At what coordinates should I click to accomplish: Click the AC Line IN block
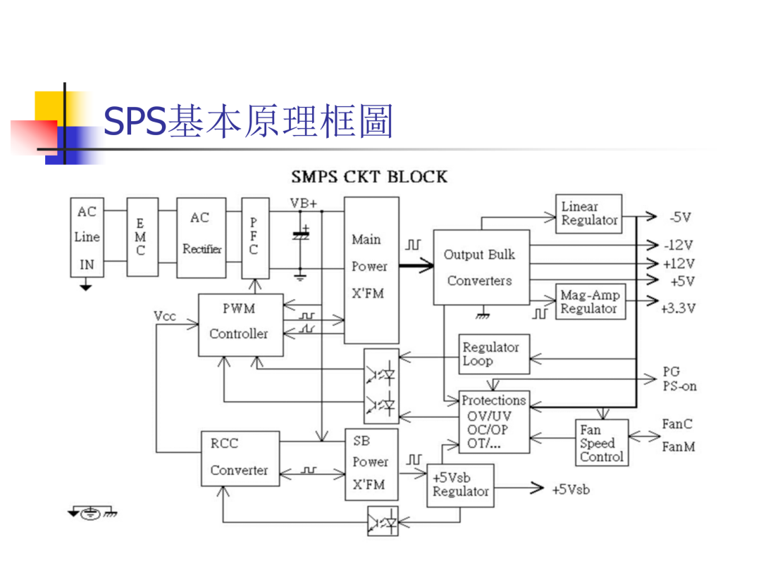coord(87,237)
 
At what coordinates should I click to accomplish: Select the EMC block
coord(142,237)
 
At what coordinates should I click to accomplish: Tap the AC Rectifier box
coord(202,238)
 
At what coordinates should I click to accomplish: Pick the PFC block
coord(255,238)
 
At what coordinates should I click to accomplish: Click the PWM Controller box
coord(241,324)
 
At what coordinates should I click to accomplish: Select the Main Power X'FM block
coord(371,270)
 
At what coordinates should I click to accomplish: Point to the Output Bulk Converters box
coord(481,267)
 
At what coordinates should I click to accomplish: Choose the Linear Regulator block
coord(588,214)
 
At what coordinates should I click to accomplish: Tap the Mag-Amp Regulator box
coord(590,301)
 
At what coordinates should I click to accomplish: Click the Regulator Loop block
coord(494,354)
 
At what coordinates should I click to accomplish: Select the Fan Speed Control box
coord(602,443)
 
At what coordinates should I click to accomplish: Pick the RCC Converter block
coord(240,458)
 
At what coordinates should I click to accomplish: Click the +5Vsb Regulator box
coord(460,485)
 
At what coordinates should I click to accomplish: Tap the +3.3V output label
coord(678,308)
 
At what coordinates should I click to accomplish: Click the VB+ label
coord(303,203)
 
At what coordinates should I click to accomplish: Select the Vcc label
coord(164,316)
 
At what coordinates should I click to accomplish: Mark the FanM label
coord(679,446)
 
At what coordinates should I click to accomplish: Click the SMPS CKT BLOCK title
coord(369,177)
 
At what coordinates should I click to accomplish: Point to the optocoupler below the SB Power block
coord(383,521)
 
